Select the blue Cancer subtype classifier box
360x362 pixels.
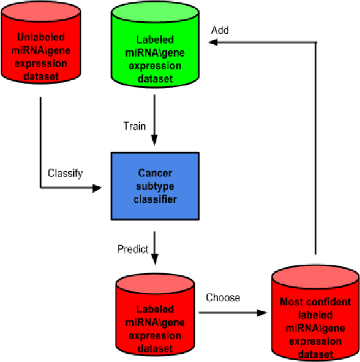(x=155, y=186)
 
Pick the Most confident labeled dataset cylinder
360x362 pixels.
(x=316, y=321)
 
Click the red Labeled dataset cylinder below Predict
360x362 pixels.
(x=155, y=321)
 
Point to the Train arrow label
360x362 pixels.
(x=135, y=126)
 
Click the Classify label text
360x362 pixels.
(x=65, y=173)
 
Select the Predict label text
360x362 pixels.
(x=133, y=249)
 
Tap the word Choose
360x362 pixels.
(x=222, y=298)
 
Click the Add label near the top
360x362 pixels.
(x=220, y=31)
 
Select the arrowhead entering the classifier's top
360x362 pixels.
(x=155, y=141)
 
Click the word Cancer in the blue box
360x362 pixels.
(x=155, y=173)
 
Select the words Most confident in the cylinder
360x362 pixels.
(x=316, y=302)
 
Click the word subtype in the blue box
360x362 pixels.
(x=155, y=186)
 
